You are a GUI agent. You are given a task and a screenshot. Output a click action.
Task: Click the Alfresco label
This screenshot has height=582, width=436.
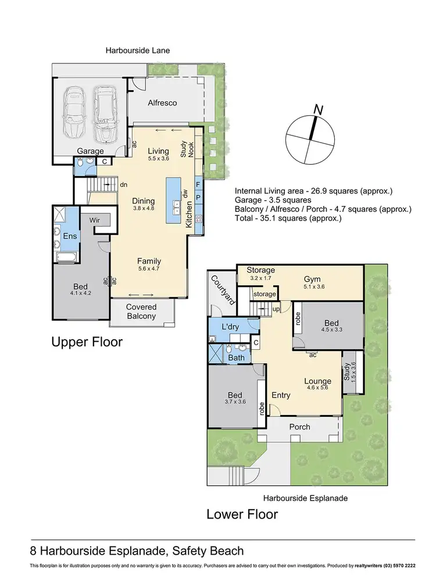coord(162,103)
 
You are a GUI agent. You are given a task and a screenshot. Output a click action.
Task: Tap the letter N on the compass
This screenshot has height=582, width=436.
coord(319,109)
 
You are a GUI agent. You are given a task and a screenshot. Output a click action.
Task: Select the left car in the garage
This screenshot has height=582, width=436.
coord(74,111)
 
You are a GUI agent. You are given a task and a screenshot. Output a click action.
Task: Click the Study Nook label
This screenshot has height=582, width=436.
coord(187,149)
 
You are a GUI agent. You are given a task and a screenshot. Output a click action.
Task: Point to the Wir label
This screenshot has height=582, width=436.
coord(95,220)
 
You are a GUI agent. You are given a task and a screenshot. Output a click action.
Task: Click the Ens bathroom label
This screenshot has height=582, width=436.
coord(70,236)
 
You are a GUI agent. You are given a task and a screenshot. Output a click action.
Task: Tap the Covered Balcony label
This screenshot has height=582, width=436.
coord(141,311)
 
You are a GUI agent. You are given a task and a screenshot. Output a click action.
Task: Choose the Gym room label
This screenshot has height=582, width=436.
coord(312,279)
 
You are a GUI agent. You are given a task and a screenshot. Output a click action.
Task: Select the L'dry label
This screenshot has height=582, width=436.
coord(230,327)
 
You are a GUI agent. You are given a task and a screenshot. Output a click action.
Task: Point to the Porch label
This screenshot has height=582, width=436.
coord(299,427)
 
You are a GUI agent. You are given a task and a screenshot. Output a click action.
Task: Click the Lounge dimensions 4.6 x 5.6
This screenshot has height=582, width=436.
coord(317,388)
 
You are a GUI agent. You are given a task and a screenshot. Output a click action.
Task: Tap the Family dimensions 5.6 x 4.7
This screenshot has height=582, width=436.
coord(149,268)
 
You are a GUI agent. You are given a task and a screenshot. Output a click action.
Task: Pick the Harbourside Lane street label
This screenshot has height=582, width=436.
coord(138,50)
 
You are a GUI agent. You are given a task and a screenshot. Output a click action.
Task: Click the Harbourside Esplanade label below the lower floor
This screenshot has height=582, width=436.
coord(306,498)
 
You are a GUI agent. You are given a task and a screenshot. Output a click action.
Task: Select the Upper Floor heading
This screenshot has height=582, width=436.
coord(87,342)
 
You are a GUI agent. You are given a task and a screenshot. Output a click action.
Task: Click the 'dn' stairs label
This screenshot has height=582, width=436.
coord(124,184)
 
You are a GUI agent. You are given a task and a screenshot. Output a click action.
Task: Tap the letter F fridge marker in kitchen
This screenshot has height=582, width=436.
coord(198,184)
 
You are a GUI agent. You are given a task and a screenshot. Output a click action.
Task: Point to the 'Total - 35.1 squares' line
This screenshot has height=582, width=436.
coord(288,218)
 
